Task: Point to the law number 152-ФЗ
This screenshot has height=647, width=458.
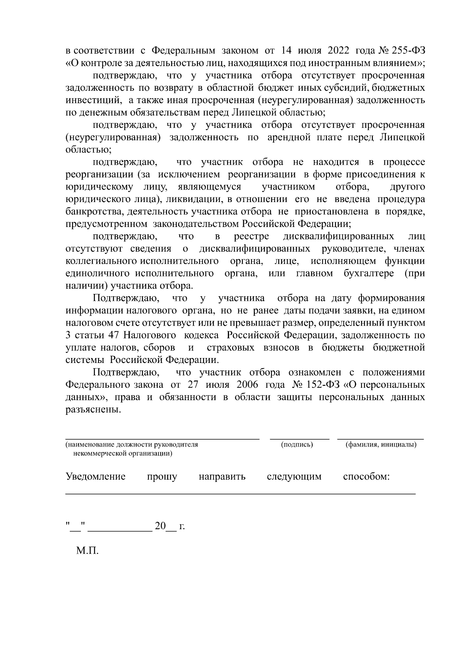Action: click(321, 385)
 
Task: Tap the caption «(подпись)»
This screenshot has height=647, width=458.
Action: click(297, 445)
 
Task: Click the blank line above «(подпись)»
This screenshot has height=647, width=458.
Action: click(300, 439)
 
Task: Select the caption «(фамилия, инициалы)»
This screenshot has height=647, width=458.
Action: click(381, 445)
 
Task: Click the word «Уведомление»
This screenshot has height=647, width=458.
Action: click(95, 477)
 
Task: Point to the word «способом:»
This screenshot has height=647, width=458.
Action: click(366, 477)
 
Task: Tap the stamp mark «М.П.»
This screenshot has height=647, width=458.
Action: click(87, 551)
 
